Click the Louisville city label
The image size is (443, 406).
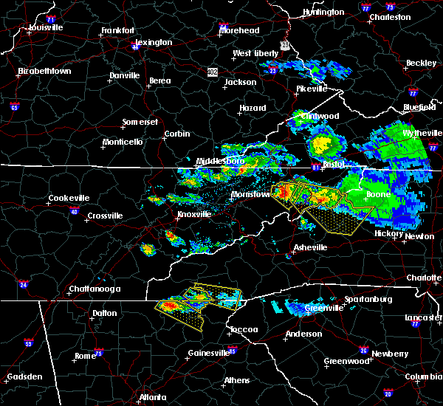click(x=46, y=27)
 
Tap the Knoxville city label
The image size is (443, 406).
click(x=193, y=215)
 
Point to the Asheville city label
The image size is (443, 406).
click(x=309, y=247)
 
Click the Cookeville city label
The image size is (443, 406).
click(x=69, y=198)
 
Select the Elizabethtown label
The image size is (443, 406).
click(x=44, y=72)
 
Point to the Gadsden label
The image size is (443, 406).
click(x=23, y=377)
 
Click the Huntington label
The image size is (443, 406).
click(x=323, y=13)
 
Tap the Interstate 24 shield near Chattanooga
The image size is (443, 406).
click(x=24, y=283)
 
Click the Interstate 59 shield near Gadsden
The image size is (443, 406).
click(x=29, y=343)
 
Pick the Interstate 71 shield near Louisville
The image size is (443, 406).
click(x=50, y=18)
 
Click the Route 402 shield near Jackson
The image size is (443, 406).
click(x=213, y=72)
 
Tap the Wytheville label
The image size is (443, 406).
click(x=421, y=133)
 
